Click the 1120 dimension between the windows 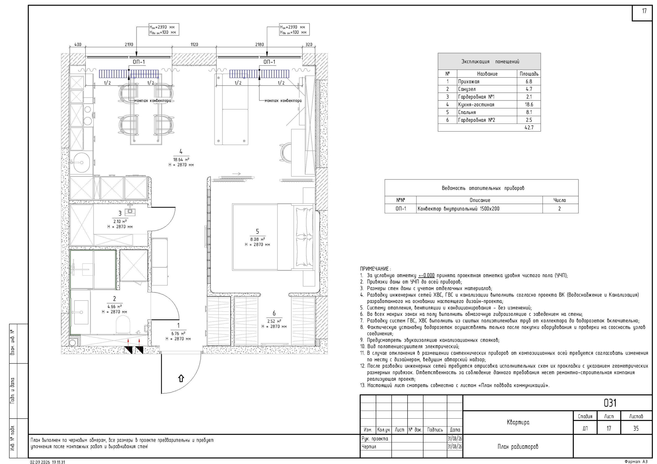coord(194,45)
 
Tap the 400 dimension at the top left coord(78,45)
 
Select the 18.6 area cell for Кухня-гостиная coord(529,105)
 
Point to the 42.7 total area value coord(529,127)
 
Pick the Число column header coord(560,200)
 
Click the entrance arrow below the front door coord(181,378)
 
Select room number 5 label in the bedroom coord(257,231)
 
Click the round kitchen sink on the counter coord(82,162)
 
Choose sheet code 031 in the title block coord(610,403)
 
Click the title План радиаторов coord(518,446)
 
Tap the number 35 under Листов coord(636,428)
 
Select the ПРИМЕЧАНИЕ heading coord(375,269)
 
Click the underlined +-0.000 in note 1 coord(426,276)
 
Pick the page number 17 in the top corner coord(644,11)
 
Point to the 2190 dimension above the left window coord(129,45)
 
